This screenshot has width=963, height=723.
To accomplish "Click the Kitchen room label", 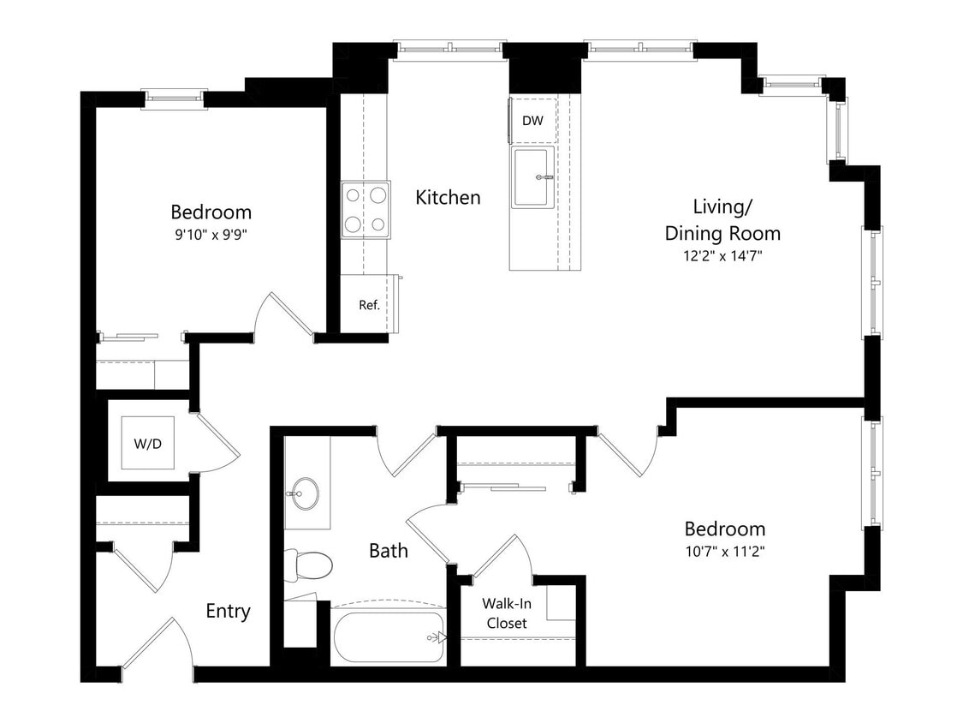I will click(448, 198).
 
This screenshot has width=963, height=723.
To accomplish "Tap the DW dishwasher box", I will click(532, 121).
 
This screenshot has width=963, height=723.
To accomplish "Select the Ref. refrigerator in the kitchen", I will click(369, 304).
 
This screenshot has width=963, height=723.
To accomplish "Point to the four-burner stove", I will click(366, 210).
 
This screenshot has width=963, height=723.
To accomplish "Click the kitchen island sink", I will click(533, 177).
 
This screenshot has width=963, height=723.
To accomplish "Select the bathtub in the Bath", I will click(389, 636).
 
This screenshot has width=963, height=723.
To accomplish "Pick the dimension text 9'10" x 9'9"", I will click(211, 233).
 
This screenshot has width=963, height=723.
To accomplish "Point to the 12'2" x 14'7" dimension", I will click(722, 254).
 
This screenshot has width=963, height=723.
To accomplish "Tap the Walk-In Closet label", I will click(506, 612).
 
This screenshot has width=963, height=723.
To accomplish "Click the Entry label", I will click(228, 611).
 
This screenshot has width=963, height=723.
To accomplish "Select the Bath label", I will click(388, 550).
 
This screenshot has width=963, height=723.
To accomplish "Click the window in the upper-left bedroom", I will click(174, 99).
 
